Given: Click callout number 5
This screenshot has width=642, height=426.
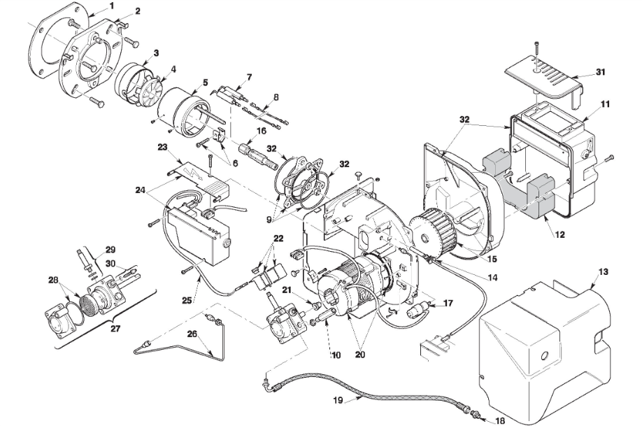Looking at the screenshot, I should tap(205, 82).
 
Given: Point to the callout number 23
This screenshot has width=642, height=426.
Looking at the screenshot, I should tap(163, 148).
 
